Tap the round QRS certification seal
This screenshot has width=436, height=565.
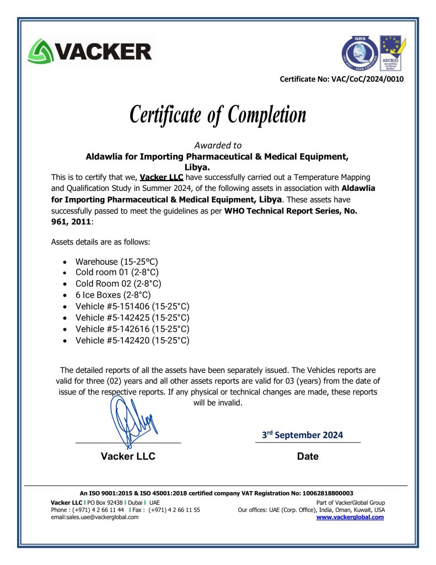358,54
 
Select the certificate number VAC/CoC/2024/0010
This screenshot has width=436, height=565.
367,79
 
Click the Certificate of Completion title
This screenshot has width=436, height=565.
218,115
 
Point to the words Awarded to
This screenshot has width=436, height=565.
218,146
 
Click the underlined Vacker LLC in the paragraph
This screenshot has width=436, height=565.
162,178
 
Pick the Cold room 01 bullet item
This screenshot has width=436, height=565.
117,272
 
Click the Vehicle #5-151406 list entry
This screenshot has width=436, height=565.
132,306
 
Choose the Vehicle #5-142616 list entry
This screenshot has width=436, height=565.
132,329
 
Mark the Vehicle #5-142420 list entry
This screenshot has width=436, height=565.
132,340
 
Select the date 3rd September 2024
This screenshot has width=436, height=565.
302,435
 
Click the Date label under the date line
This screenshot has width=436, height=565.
308,456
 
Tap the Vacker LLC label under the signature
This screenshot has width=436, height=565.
128,456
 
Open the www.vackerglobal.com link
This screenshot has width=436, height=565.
350,517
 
